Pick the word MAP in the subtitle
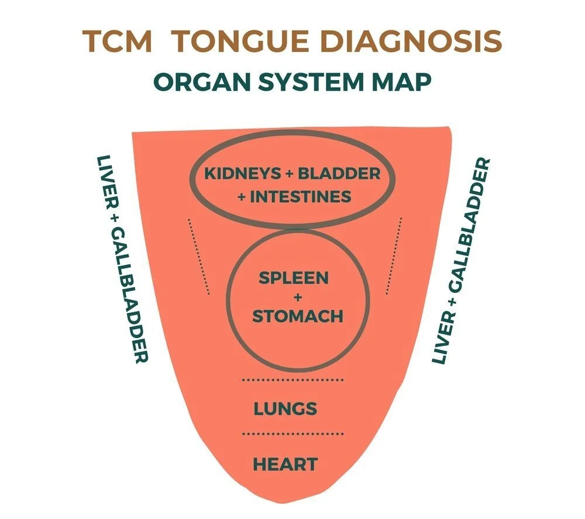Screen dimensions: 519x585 403,82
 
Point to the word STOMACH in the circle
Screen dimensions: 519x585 297,316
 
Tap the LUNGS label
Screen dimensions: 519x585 285,409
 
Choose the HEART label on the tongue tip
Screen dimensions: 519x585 285,465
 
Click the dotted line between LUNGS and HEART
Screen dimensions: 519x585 293,434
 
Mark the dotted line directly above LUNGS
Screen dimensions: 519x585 293,380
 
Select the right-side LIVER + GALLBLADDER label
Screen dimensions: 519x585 461,261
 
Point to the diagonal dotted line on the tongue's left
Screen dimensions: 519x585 198,256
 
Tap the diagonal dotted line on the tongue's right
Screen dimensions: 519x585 394,255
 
